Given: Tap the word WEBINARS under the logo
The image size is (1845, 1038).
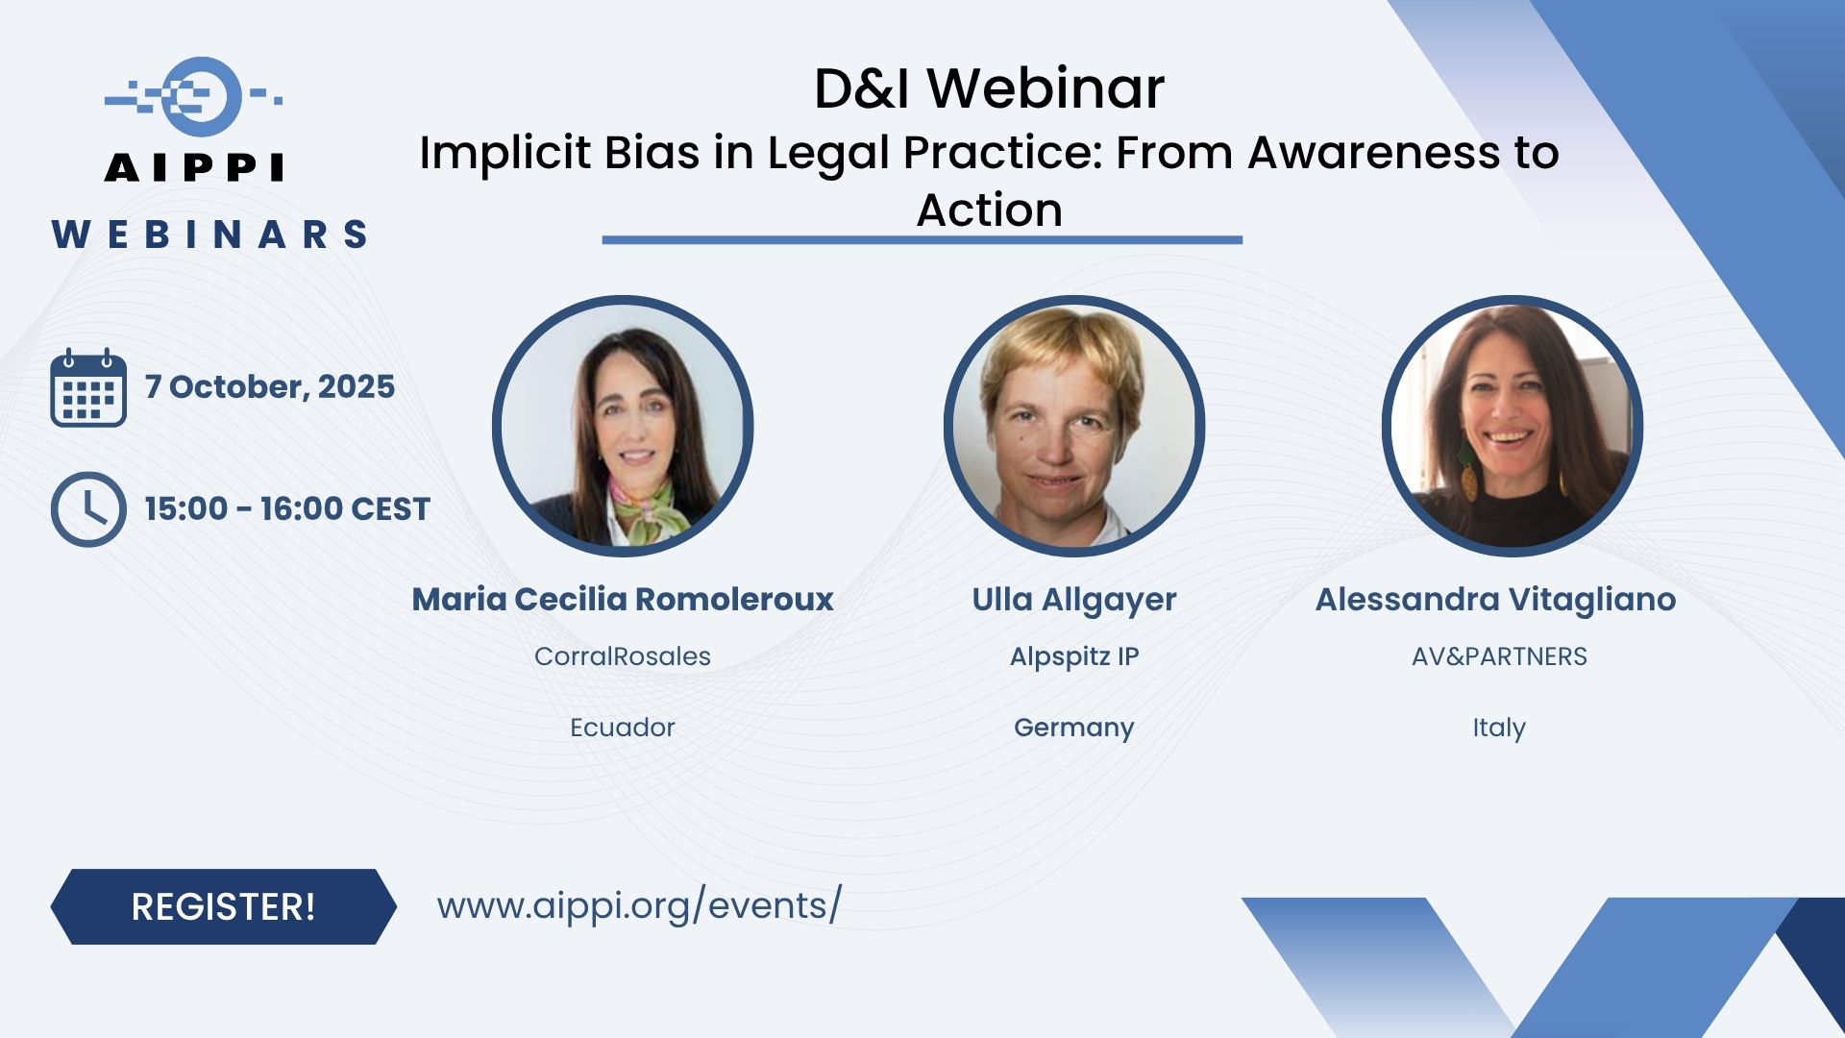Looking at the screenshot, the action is click(210, 235).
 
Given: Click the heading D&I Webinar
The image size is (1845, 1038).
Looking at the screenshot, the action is click(989, 88).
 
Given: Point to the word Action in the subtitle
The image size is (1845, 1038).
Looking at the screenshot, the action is click(990, 210).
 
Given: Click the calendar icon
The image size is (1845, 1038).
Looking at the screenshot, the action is click(88, 387).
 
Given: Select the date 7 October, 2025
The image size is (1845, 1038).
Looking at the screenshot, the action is click(270, 386).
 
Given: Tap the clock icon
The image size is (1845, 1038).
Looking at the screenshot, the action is click(88, 509).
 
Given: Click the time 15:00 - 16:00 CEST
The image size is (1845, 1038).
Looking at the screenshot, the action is click(287, 508).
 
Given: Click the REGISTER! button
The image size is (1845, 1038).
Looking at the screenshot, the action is click(223, 906).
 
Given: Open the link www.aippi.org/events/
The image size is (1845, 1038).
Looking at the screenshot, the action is click(639, 905).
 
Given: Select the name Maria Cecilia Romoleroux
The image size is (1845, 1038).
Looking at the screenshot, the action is click(623, 599).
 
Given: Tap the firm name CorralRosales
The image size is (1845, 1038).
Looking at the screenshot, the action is click(623, 656).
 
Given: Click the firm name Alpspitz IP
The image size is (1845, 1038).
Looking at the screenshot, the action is click(1074, 657).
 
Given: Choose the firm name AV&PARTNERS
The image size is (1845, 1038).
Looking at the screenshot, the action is click(1499, 656).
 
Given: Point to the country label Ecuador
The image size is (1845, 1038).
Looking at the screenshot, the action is click(623, 728).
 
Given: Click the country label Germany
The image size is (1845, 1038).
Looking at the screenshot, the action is click(1074, 729).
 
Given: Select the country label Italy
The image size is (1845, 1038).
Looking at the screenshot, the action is click(1499, 729).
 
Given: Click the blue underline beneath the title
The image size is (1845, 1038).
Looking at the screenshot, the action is click(922, 240).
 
